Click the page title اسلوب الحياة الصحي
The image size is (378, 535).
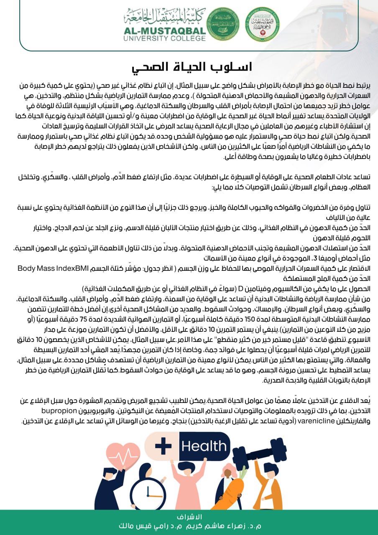(189, 67)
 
